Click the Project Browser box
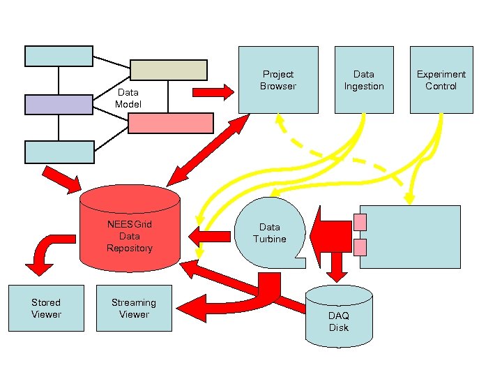click(278, 80)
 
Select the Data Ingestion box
click(363, 80)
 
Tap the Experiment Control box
click(441, 80)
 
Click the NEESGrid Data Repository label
click(130, 236)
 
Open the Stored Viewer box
click(46, 308)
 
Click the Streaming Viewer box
click(134, 308)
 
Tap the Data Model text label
click(128, 98)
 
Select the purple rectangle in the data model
click(59, 104)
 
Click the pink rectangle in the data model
click(171, 123)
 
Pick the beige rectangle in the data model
click(169, 70)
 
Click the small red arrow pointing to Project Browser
click(213, 91)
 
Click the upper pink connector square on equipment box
click(360, 222)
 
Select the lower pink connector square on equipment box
click(360, 247)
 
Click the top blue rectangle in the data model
click(59, 56)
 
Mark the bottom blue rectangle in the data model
click(59, 151)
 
